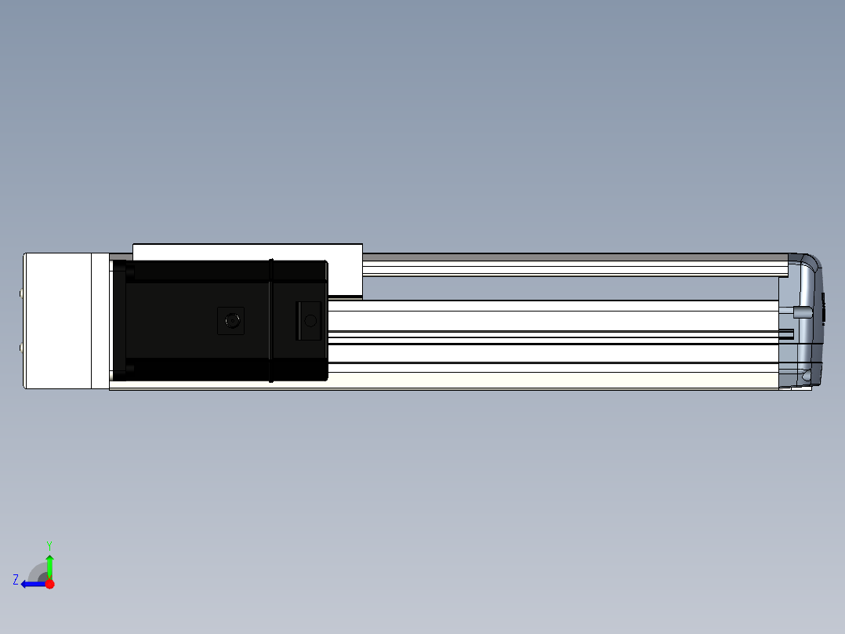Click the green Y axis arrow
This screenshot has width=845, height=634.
49,567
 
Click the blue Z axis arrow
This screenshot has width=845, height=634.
34,584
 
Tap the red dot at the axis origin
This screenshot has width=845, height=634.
49,584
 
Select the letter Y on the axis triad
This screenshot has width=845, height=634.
49,545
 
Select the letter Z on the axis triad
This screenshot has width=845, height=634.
16,580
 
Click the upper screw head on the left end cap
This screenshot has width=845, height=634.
21,293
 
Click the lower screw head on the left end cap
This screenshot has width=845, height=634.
21,348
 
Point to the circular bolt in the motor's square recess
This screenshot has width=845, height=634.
232,320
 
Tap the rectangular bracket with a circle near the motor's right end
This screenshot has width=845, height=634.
308,320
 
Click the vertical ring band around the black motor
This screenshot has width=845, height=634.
271,320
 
